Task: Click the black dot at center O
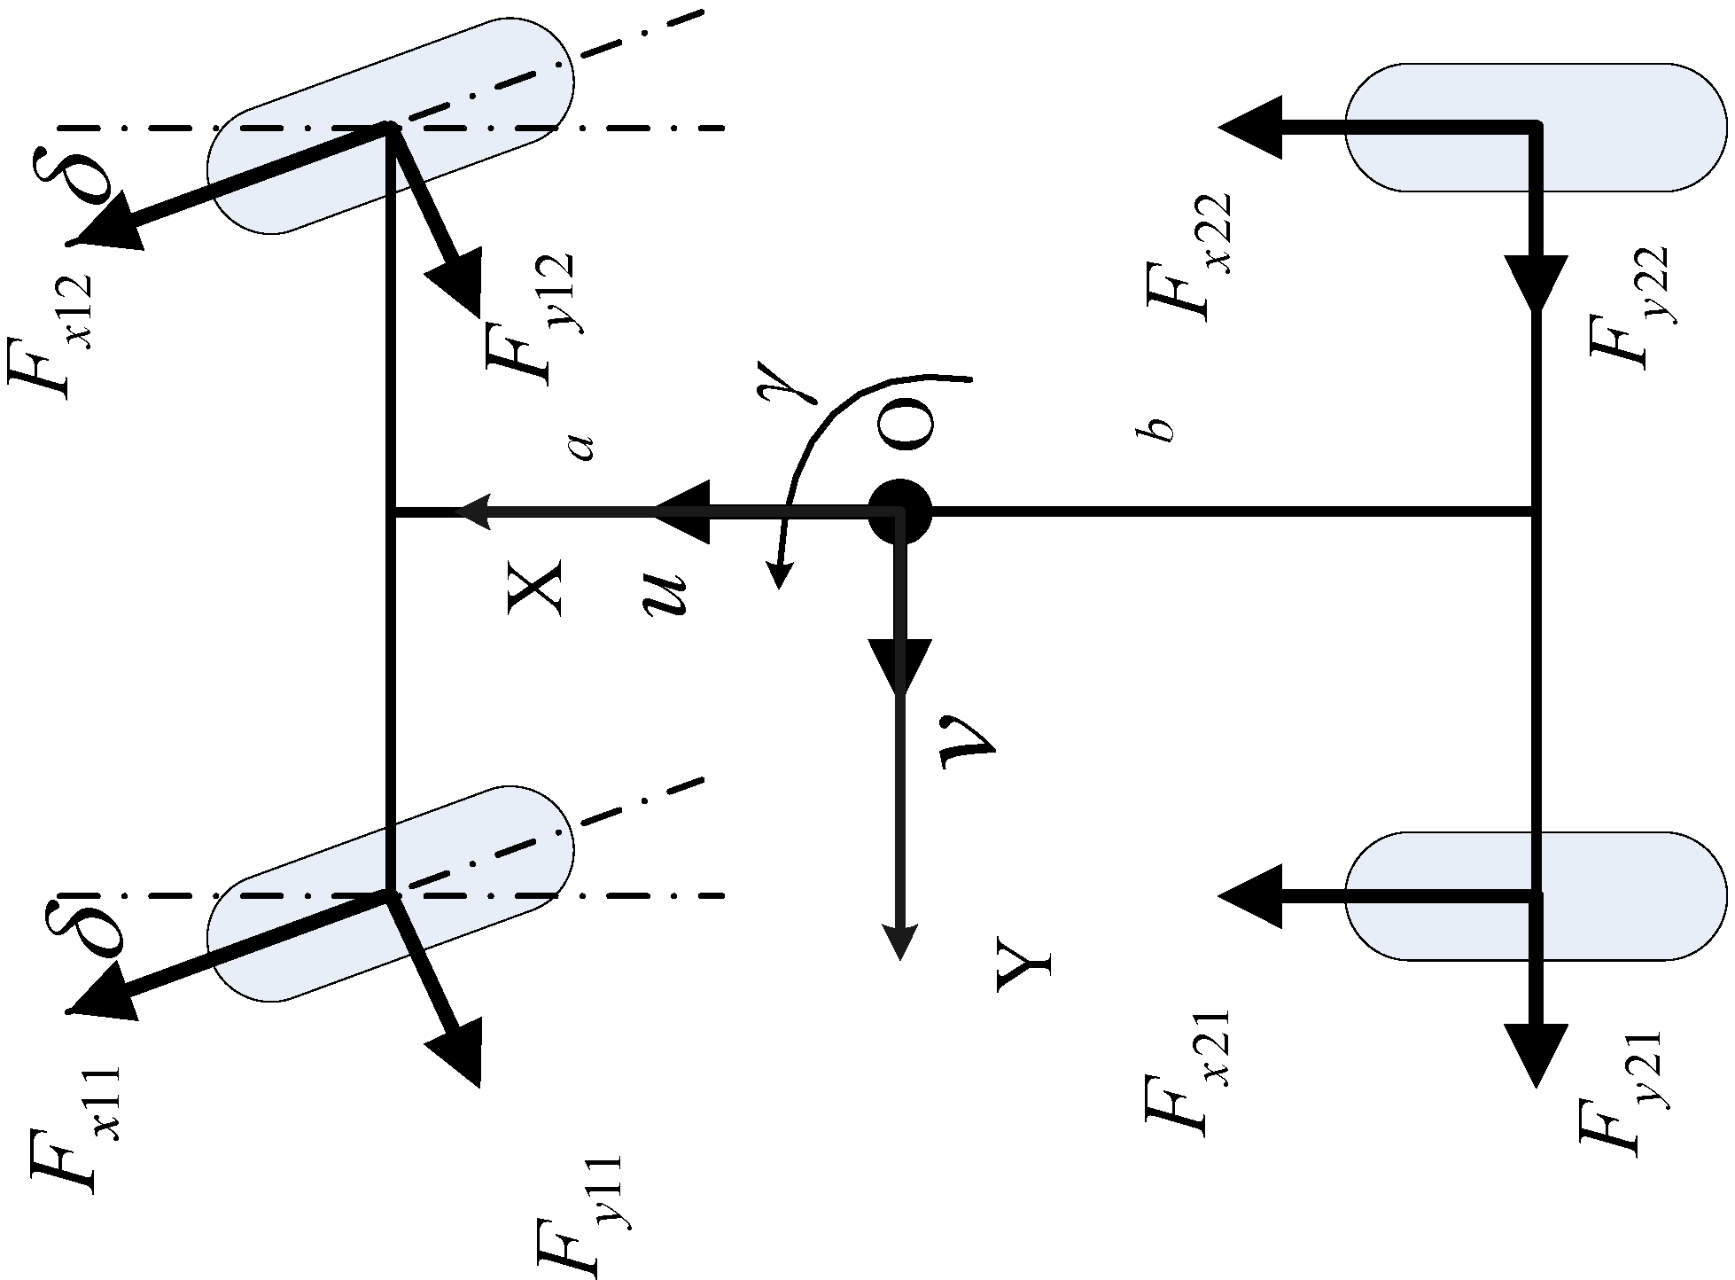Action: coord(899,511)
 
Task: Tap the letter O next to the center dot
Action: coord(905,425)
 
